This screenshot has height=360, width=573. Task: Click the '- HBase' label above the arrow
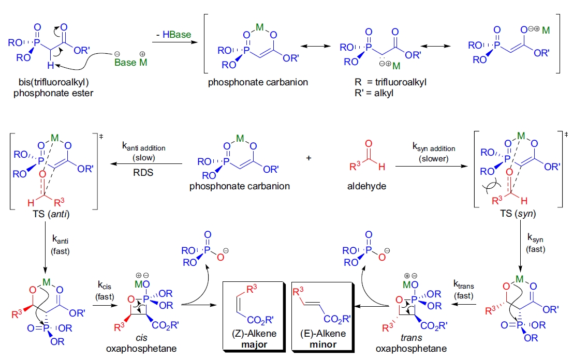[173, 35]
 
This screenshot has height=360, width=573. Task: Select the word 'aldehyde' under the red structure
[369, 186]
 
